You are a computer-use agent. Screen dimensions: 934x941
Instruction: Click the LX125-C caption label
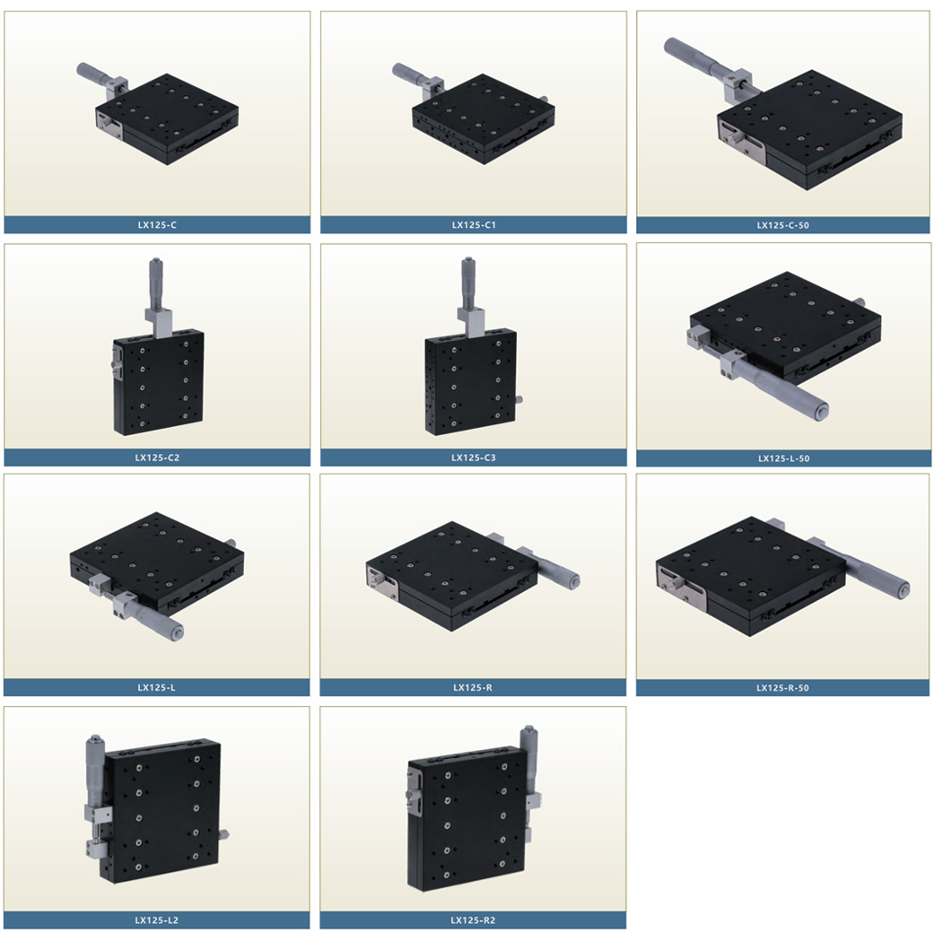pyautogui.click(x=157, y=225)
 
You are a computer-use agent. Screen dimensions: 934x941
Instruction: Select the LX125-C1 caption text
pyautogui.click(x=474, y=225)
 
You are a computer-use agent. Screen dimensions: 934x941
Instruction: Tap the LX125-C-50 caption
pyautogui.click(x=782, y=226)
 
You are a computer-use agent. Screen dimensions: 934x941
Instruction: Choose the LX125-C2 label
pyautogui.click(x=157, y=457)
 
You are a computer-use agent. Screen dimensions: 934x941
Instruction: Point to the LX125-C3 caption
pyautogui.click(x=474, y=457)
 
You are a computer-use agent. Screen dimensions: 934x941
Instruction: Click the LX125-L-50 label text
pyautogui.click(x=783, y=458)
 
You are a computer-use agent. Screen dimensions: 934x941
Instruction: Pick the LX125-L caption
pyautogui.click(x=157, y=687)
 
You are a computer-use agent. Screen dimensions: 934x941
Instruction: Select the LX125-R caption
pyautogui.click(x=473, y=687)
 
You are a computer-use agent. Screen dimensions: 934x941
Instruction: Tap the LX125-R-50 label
pyautogui.click(x=782, y=688)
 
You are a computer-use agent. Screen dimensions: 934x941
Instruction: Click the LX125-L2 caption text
pyautogui.click(x=157, y=920)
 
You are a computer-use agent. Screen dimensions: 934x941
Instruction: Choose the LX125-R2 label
pyautogui.click(x=473, y=920)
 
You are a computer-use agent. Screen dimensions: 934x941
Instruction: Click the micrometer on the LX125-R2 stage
pyautogui.click(x=529, y=762)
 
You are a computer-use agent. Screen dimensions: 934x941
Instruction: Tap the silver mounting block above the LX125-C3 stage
pyautogui.click(x=471, y=322)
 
